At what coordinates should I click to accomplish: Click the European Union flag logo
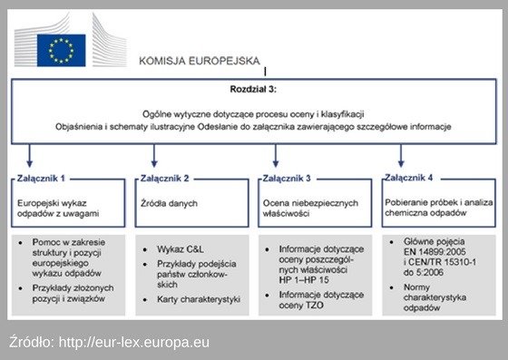[61, 50]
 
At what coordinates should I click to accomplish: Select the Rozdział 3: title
[254, 91]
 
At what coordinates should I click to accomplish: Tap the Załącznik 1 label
[41, 179]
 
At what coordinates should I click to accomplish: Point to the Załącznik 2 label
[162, 179]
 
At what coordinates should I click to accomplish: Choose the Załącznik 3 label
[287, 179]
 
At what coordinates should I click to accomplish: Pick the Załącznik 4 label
[408, 178]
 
